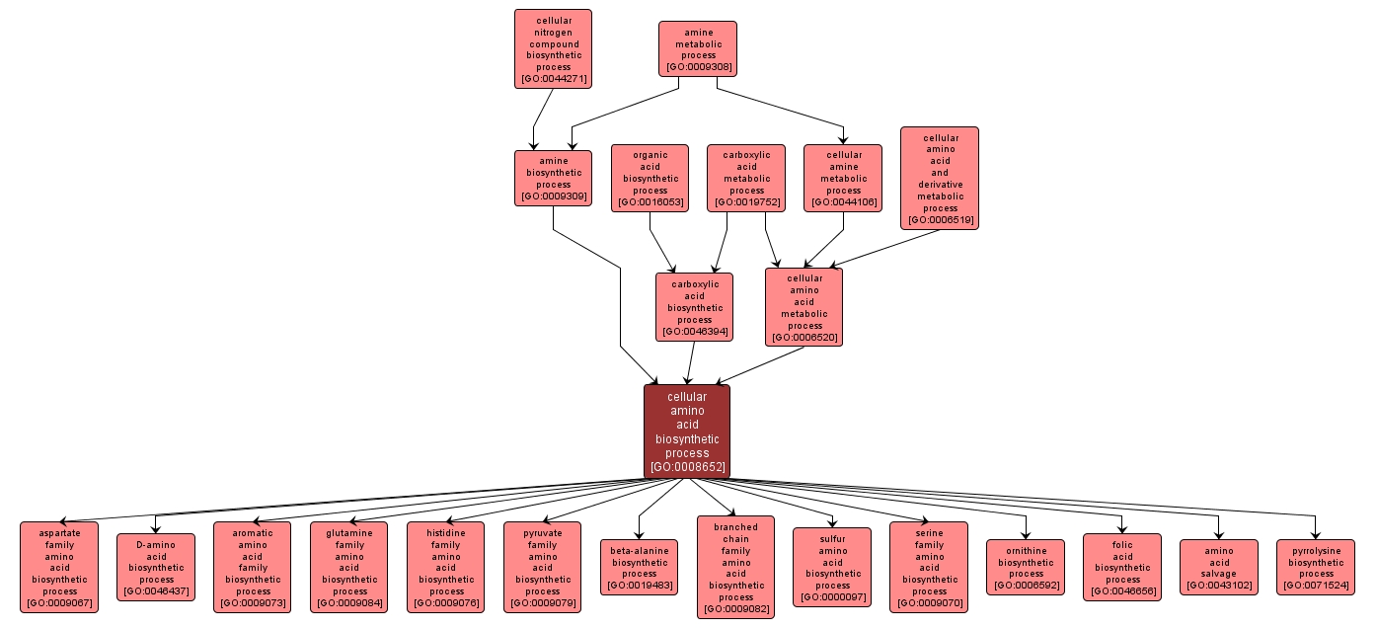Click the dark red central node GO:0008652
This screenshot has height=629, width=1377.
pyautogui.click(x=687, y=432)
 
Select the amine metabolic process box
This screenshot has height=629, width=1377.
pyautogui.click(x=698, y=49)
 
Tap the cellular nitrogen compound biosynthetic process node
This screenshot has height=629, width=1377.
pyautogui.click(x=553, y=49)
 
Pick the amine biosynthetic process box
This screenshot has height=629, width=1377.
pyautogui.click(x=553, y=179)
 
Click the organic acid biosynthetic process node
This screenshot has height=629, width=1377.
pyautogui.click(x=650, y=179)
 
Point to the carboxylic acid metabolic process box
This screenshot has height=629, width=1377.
pyautogui.click(x=746, y=179)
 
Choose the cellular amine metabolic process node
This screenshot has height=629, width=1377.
pyautogui.click(x=843, y=179)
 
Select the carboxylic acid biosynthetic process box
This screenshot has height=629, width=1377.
pyautogui.click(x=695, y=307)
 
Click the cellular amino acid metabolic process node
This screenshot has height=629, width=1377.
pyautogui.click(x=804, y=307)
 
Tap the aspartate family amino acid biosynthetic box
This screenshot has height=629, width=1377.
pyautogui.click(x=59, y=568)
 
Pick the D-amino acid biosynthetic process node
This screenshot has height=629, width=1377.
pyautogui.click(x=156, y=568)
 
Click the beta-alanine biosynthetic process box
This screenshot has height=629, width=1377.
pyautogui.click(x=640, y=568)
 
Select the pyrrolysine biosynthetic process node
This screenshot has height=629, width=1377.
pyautogui.click(x=1316, y=568)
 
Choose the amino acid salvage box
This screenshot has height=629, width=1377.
pyautogui.click(x=1219, y=568)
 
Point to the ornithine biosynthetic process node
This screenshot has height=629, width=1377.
pyautogui.click(x=1026, y=568)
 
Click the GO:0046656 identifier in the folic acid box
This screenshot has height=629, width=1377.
pyautogui.click(x=1122, y=591)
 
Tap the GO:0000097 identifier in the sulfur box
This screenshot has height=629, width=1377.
pyautogui.click(x=832, y=597)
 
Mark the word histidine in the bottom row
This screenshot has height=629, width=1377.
pyautogui.click(x=446, y=533)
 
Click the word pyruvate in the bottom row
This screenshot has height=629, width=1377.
pyautogui.click(x=543, y=533)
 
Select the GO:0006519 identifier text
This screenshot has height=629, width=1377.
pyautogui.click(x=940, y=220)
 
